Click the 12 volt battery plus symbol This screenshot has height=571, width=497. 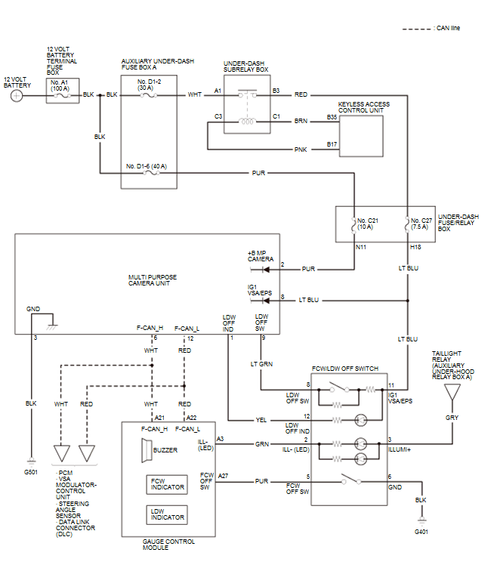coord(17,95)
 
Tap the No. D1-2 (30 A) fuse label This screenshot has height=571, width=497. coord(148,85)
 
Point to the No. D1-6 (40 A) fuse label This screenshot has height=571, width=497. coord(148,166)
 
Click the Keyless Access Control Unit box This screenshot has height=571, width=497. coord(361,132)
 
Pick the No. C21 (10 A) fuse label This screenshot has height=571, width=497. coord(367,224)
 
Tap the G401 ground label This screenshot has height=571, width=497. coord(421,532)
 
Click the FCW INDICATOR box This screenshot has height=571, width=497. coord(166,484)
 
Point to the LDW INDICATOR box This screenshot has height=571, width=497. coord(166,514)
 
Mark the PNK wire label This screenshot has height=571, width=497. coord(301,150)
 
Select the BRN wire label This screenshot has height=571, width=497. coord(301,119)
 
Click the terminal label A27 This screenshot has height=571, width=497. coord(223,477)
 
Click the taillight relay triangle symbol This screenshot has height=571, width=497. coord(452,392)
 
